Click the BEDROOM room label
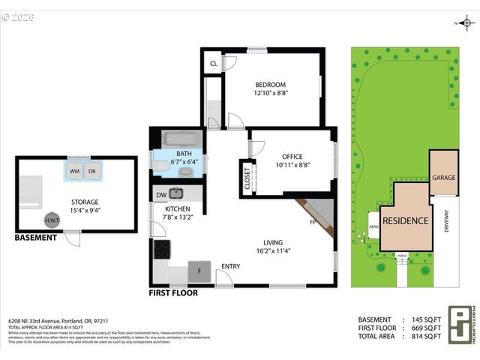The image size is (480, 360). pyautogui.click(x=270, y=85)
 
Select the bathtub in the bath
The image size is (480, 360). pyautogui.click(x=180, y=139)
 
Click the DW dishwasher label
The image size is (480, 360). pyautogui.click(x=162, y=195)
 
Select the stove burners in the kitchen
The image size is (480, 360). pyautogui.click(x=162, y=248)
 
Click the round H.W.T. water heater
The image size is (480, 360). pyautogui.click(x=52, y=220)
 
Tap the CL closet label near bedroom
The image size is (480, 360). pyautogui.click(x=214, y=64)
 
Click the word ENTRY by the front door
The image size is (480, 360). pyautogui.click(x=230, y=267)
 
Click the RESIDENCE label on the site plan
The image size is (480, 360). pyautogui.click(x=406, y=220)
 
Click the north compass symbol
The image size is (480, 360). pyautogui.click(x=465, y=23)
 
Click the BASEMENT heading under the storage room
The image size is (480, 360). pyautogui.click(x=35, y=238)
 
